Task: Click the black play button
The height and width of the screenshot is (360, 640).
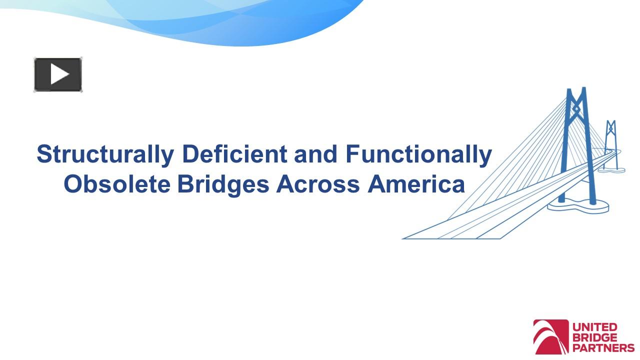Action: click(58, 75)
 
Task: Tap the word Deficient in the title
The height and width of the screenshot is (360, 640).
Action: click(234, 154)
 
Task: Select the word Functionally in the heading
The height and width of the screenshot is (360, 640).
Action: click(418, 154)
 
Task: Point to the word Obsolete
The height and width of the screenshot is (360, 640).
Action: click(117, 184)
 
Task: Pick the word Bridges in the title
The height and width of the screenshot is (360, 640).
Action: click(223, 184)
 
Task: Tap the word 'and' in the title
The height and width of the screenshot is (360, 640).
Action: click(316, 154)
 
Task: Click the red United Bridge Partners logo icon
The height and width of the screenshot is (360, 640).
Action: click(551, 337)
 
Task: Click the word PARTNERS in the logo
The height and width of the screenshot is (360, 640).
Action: click(603, 348)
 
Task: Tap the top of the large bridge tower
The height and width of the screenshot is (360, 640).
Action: click(576, 91)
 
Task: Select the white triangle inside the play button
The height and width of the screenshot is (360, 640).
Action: click(59, 75)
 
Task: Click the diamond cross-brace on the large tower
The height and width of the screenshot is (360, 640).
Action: click(576, 108)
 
